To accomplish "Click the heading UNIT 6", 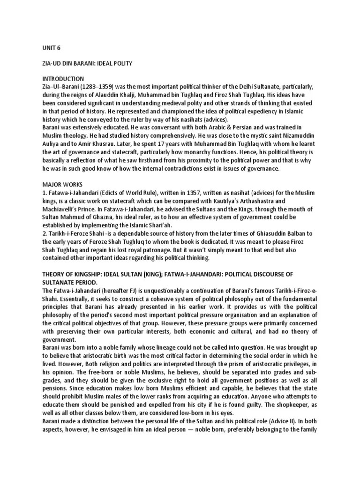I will [x=51, y=48].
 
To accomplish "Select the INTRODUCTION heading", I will [x=63, y=79].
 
